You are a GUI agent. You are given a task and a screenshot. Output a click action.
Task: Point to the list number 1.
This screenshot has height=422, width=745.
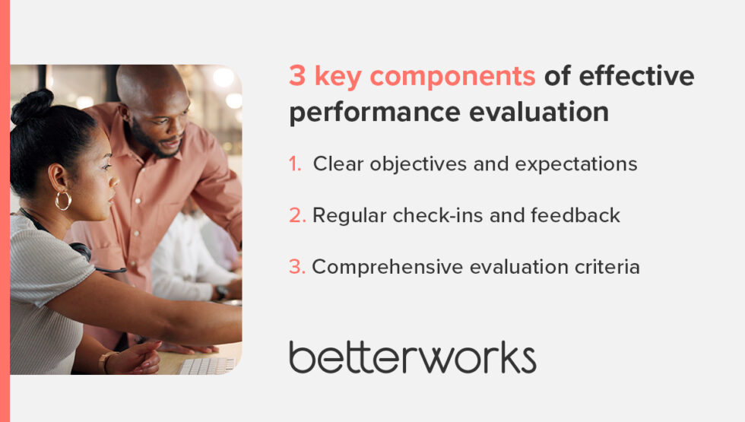(295, 164)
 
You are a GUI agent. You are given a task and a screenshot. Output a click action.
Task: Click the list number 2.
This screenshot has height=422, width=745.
(296, 216)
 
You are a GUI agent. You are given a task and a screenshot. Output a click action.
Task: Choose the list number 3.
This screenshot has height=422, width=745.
(296, 267)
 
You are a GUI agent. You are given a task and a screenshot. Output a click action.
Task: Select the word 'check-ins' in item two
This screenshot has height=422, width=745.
(435, 216)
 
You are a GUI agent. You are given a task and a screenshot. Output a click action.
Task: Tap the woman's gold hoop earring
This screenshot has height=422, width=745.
(63, 200)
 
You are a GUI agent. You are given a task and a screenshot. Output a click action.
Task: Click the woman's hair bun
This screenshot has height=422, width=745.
(33, 106)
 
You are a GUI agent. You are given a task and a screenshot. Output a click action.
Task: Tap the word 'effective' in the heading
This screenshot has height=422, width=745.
(636, 77)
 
